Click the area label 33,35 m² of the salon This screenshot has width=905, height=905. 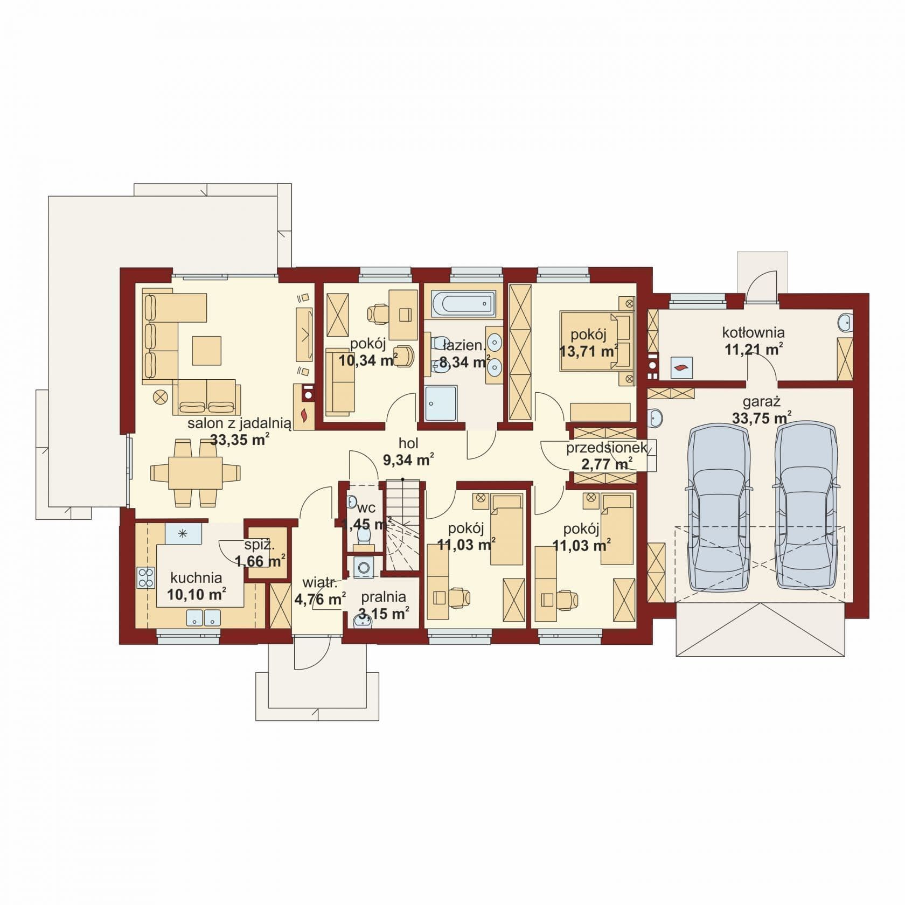(240, 440)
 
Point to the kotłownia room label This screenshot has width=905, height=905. (753, 332)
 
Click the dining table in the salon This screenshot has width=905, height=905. (196, 472)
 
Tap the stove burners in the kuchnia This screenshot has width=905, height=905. (145, 577)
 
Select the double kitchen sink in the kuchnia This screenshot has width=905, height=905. (203, 617)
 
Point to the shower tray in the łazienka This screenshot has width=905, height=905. (441, 403)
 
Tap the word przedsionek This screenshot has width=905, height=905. (607, 448)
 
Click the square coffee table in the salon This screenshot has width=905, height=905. (207, 350)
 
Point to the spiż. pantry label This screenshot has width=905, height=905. (260, 545)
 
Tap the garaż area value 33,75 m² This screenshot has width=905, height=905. (762, 417)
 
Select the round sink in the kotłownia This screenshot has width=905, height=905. (845, 323)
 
